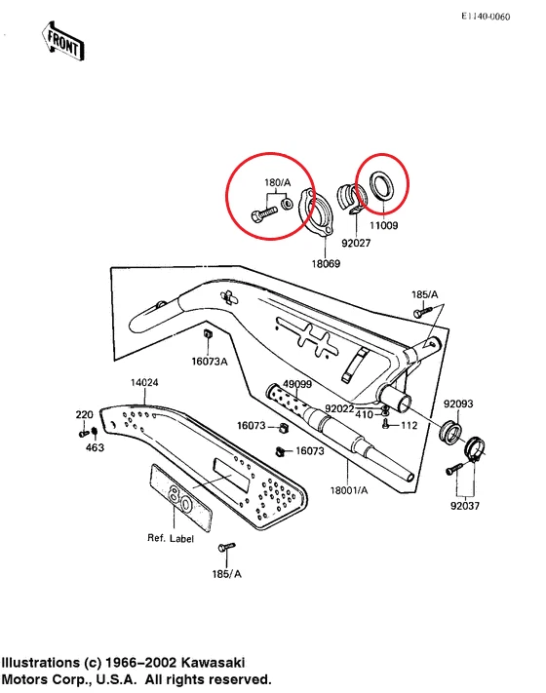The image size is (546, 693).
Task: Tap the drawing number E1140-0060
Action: pos(498,18)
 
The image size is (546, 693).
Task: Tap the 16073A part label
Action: pos(209,362)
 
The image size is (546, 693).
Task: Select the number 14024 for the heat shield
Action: pos(144,383)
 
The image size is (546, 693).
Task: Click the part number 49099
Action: pos(296,385)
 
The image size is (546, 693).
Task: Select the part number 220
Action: pos(85,414)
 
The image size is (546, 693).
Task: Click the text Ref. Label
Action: pos(171,538)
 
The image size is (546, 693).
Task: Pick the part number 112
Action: pos(409,425)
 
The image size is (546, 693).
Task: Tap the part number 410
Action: pos(364,415)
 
